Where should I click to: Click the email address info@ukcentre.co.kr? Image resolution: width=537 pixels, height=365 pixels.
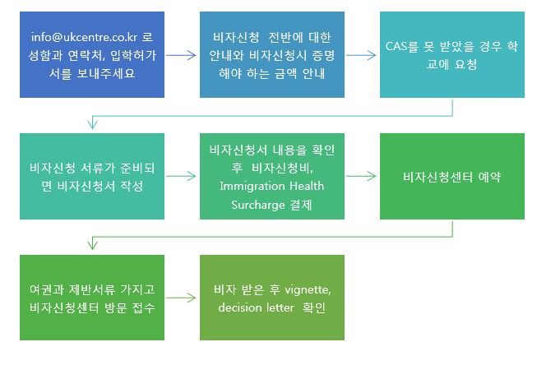coord(84,37)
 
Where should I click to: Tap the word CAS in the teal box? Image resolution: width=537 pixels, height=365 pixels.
coord(396,46)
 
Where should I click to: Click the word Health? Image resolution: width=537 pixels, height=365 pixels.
coord(307,186)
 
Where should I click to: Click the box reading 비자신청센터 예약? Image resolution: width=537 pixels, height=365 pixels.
coord(452,177)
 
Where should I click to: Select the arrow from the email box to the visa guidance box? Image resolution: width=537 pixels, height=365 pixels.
coord(181,55)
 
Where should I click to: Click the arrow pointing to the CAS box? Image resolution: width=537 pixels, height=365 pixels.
coord(361,55)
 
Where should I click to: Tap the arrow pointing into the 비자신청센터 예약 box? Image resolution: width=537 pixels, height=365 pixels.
coord(361,177)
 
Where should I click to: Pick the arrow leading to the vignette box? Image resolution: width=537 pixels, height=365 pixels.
coord(181,298)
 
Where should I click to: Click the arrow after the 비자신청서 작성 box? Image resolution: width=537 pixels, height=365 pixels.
coord(181,177)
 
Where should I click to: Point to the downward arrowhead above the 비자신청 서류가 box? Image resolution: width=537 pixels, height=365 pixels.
coord(92,124)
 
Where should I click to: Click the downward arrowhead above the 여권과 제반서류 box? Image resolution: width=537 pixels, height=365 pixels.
coord(92,245)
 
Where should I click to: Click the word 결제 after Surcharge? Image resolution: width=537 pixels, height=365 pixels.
coord(301,205)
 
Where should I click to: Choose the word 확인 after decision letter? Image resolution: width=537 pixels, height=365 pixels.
coord(314,307)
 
